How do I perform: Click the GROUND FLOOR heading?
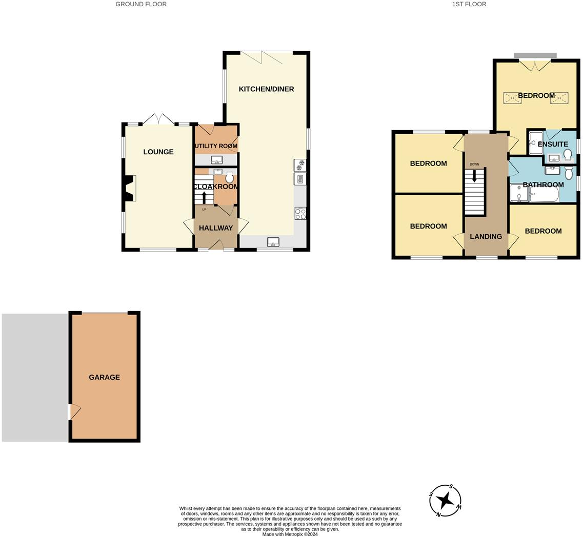point(141,4)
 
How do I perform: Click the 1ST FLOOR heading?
point(469,4)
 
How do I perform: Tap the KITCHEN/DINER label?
point(266,89)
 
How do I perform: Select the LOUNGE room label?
point(158,152)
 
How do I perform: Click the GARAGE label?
point(104,377)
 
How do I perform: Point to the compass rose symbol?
point(445,501)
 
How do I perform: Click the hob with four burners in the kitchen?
point(300,214)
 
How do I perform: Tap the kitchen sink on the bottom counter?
point(273,242)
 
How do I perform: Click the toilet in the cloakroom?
point(229,177)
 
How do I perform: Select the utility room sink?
point(216,160)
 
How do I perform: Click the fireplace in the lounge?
point(130,188)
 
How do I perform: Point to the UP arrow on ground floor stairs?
point(204,197)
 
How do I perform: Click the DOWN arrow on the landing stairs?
point(474,176)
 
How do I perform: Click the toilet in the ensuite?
point(568,154)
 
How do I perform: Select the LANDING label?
point(486,237)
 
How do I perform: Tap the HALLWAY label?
point(215,228)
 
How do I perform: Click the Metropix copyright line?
point(290,534)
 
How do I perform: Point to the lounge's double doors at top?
point(159,119)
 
